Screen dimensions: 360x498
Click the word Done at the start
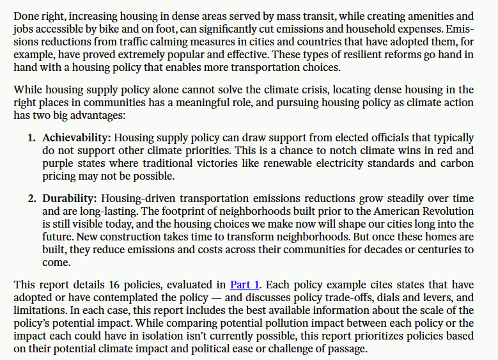[26, 15]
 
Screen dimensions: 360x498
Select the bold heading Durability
[70, 198]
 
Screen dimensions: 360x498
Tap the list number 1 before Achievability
[31, 137]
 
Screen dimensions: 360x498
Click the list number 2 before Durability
[31, 198]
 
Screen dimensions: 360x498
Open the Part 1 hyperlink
[245, 285]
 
